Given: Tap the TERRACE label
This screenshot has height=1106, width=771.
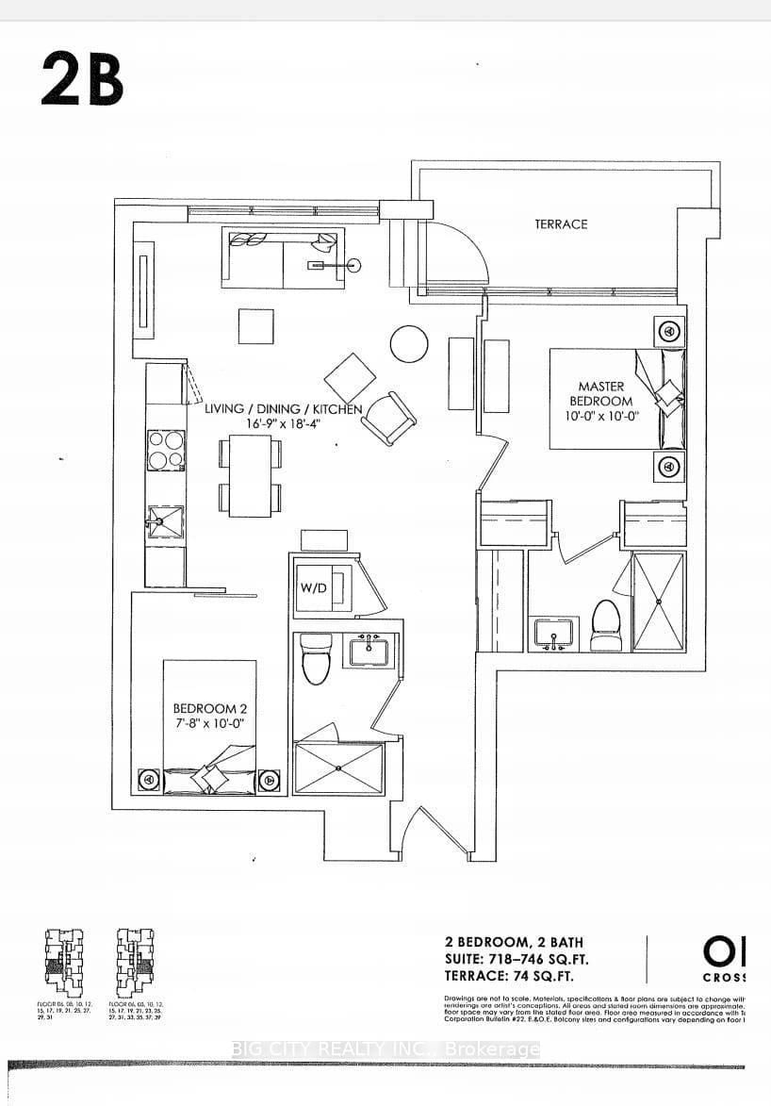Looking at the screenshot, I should (561, 223).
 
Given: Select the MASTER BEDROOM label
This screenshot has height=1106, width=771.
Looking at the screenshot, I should (601, 393).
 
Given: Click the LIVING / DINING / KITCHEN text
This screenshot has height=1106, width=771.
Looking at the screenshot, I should (283, 408).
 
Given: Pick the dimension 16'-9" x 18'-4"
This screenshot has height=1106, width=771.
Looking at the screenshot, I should (283, 424).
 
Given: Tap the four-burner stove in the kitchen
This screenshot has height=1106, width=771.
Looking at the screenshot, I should (165, 450).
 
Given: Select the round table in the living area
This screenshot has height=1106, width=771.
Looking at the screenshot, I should (409, 344).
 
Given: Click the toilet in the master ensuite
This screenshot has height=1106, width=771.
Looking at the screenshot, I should (604, 624).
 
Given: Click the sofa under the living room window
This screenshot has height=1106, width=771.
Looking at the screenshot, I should (283, 256).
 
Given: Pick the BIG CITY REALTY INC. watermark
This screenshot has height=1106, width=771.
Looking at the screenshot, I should (386, 1049).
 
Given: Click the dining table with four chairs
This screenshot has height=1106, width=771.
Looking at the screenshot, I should (250, 476).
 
